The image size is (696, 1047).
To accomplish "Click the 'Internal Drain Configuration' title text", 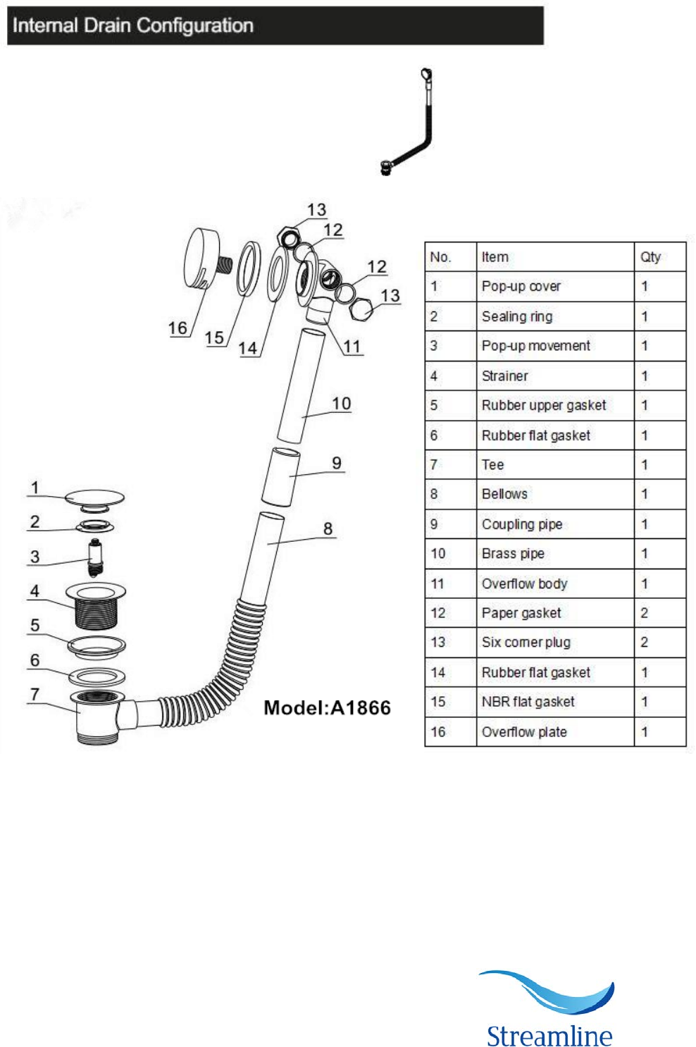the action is pyautogui.click(x=132, y=25).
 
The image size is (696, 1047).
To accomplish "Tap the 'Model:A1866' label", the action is pyautogui.click(x=327, y=707).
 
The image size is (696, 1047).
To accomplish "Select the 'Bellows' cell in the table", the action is pyautogui.click(x=555, y=494).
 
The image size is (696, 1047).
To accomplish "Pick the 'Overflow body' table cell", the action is pyautogui.click(x=555, y=584).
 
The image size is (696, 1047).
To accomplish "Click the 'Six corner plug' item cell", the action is pyautogui.click(x=555, y=643).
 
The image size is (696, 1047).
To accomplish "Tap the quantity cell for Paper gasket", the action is pyautogui.click(x=660, y=613).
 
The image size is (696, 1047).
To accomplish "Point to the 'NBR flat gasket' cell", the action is pyautogui.click(x=555, y=702).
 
